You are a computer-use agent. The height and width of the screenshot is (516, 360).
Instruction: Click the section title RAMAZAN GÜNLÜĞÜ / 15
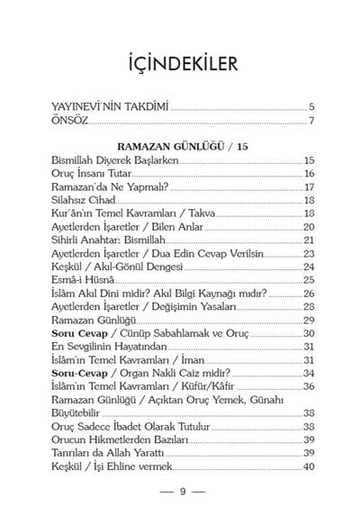click(181, 145)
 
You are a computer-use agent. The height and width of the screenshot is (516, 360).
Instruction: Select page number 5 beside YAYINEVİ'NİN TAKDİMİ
click(310, 106)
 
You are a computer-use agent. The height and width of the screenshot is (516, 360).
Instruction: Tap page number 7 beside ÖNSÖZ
click(310, 121)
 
